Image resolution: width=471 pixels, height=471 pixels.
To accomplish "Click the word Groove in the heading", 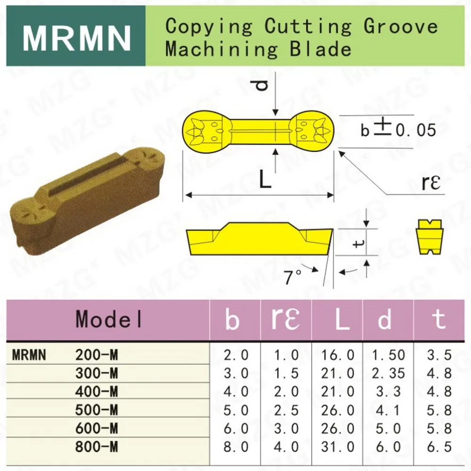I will (400, 26).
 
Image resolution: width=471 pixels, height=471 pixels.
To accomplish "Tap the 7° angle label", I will (293, 277).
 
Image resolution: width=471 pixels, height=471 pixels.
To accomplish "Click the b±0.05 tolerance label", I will (398, 130).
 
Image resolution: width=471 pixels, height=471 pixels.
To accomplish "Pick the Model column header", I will (109, 319).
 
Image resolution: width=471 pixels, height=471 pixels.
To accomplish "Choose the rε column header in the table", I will (286, 319).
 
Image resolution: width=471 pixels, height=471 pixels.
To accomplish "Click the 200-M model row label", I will (97, 355).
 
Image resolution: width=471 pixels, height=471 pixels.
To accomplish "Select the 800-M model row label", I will (97, 446).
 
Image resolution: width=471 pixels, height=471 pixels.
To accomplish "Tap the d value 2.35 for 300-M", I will (388, 373).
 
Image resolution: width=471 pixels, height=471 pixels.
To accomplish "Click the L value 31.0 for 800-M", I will (337, 446).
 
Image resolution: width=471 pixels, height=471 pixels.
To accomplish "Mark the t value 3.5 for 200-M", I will (439, 355).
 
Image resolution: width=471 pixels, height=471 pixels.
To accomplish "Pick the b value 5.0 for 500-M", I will (235, 410).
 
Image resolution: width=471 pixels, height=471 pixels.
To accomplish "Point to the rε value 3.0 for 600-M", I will (286, 428).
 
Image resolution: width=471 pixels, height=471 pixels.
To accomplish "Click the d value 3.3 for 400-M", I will (388, 391).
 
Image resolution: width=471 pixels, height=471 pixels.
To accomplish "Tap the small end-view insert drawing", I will (430, 236).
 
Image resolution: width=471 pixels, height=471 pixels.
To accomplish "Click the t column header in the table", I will (439, 319).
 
